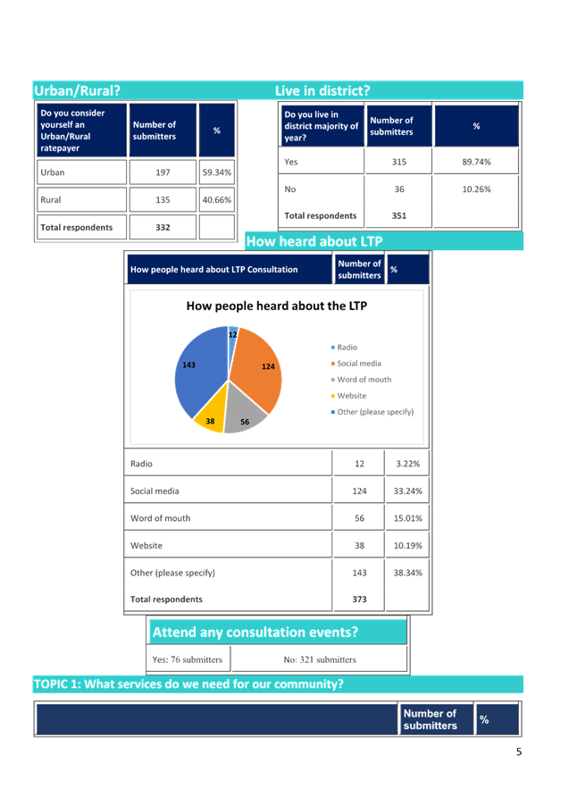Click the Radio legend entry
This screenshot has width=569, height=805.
344,348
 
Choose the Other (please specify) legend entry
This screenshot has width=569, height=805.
372,412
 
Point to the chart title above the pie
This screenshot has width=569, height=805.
277,306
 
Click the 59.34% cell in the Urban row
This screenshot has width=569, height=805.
216,172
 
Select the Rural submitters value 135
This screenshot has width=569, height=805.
163,200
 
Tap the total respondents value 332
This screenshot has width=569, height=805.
163,228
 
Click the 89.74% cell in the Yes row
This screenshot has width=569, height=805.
476,162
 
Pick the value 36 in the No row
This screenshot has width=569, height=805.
399,189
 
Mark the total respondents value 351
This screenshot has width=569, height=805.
399,215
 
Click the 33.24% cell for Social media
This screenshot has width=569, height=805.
408,491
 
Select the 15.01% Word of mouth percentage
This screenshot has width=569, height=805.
408,518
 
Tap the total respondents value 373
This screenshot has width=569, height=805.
360,600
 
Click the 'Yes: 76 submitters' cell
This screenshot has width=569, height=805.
188,659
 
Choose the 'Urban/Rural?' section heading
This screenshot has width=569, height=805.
77,91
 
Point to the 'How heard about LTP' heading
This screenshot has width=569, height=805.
314,241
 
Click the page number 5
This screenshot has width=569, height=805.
519,751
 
